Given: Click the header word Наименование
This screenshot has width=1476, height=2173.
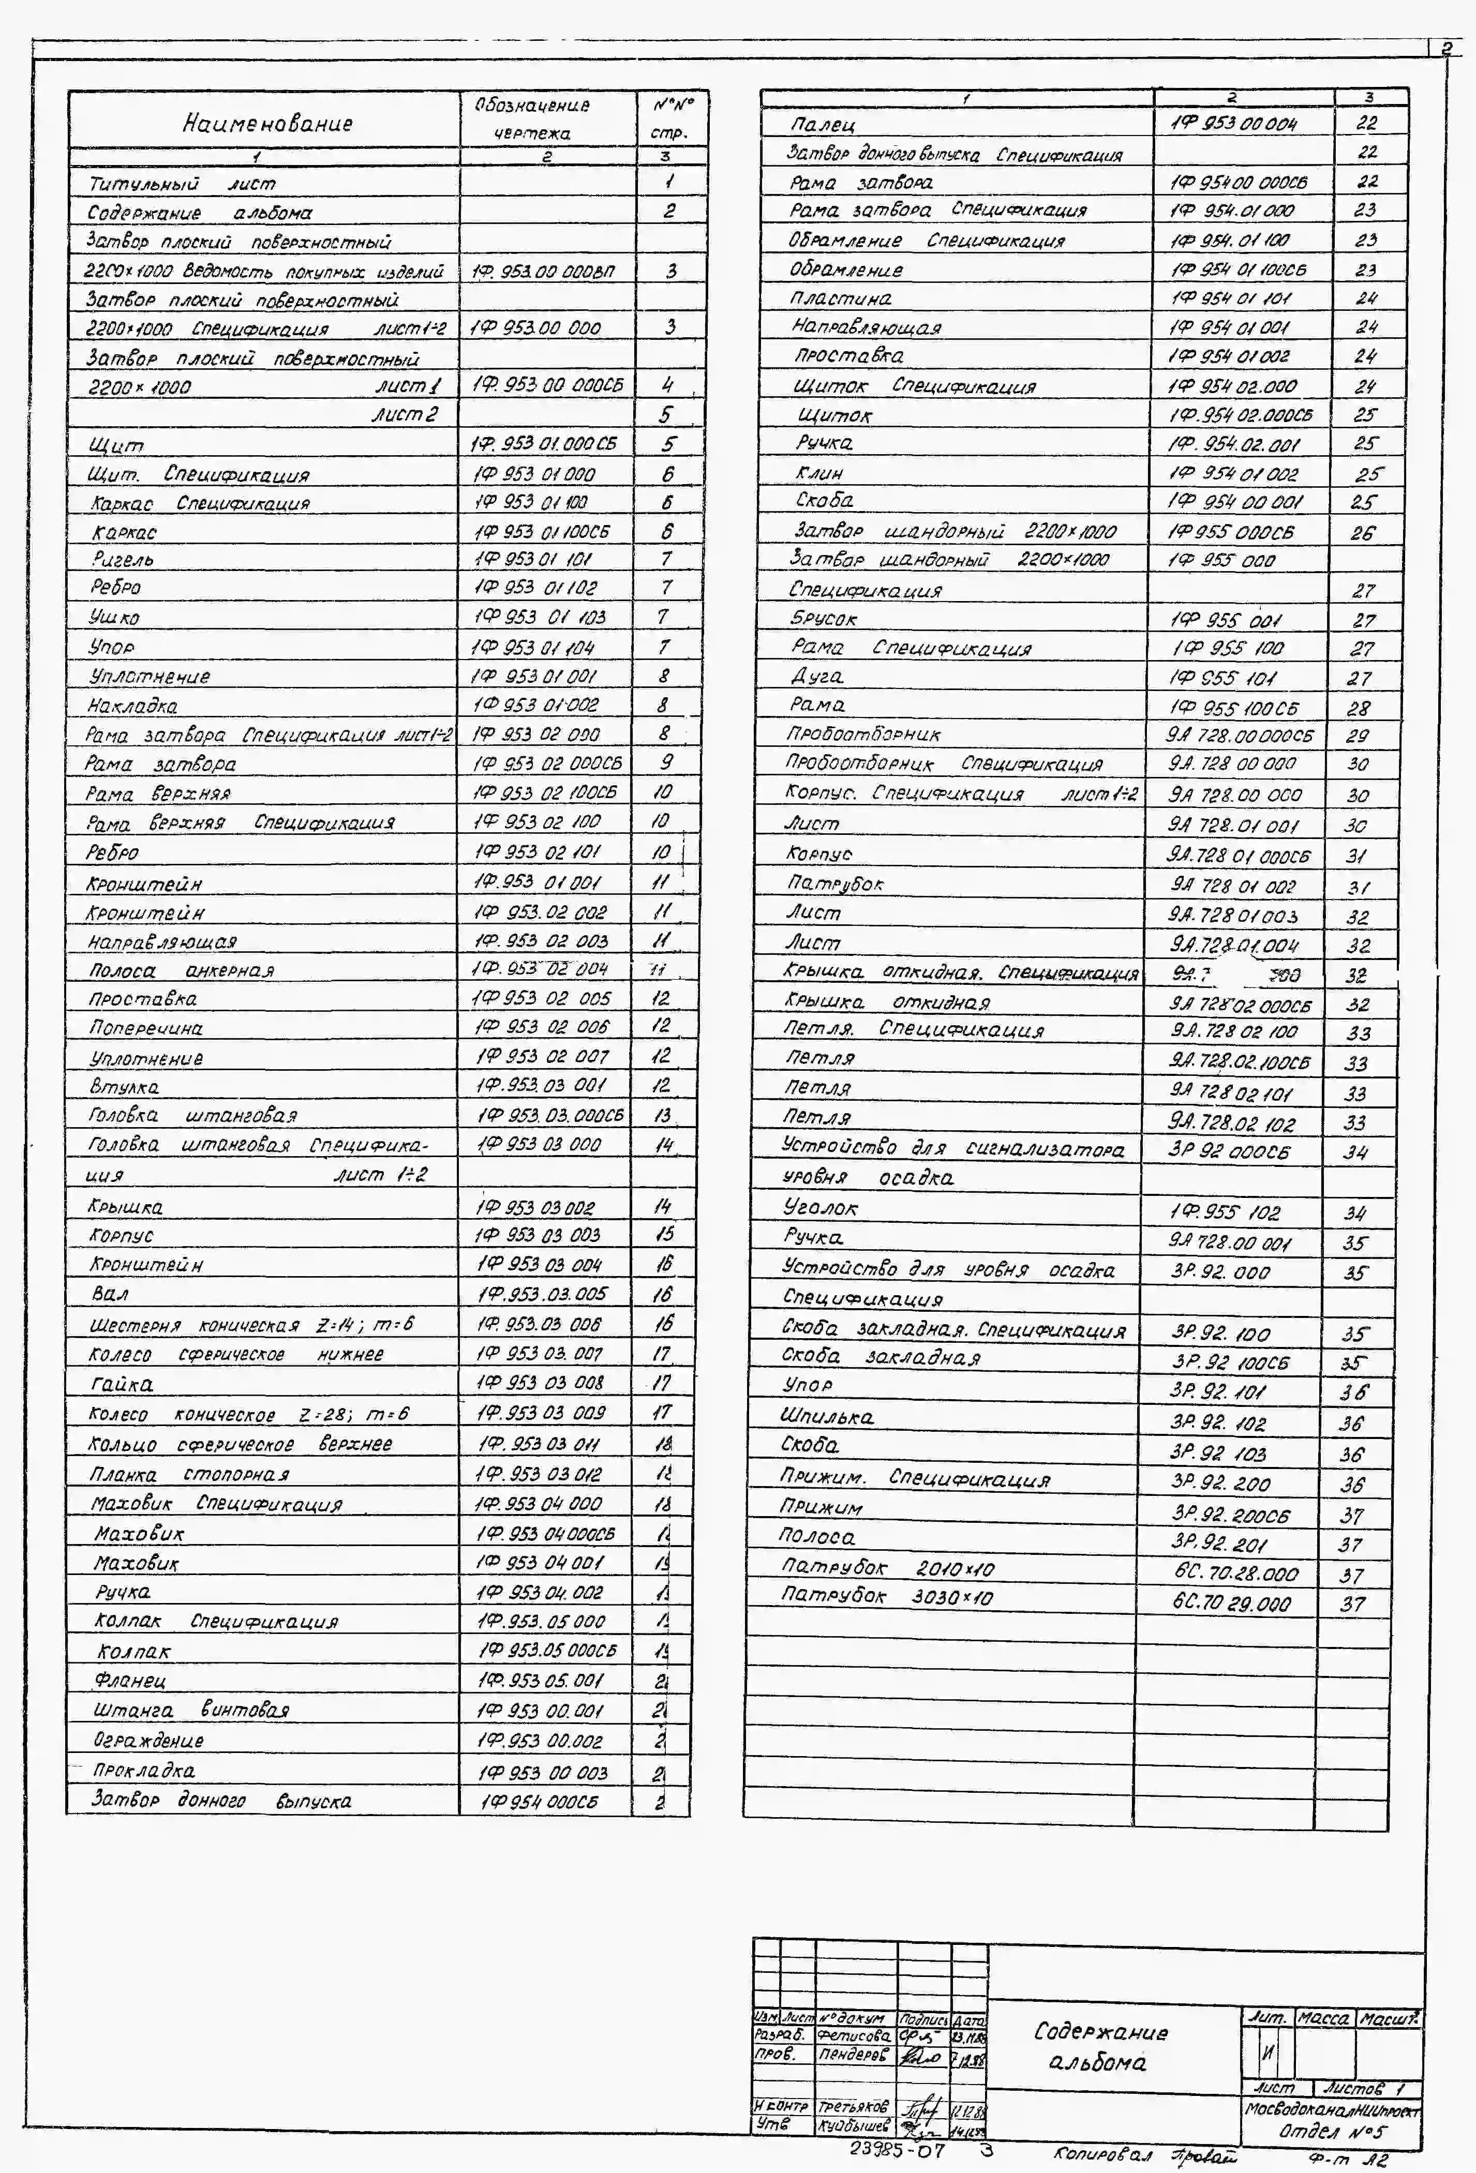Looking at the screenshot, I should [267, 123].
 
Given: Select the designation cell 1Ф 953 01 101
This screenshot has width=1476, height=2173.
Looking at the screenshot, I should [533, 559].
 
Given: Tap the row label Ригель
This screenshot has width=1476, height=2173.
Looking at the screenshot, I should [123, 559].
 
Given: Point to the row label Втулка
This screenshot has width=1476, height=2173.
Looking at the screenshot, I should [124, 1086].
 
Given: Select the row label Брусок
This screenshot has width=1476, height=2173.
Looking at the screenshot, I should [823, 619].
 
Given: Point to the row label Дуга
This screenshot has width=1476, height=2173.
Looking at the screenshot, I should [816, 676].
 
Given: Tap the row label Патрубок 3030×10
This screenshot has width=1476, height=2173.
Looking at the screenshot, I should [886, 1596].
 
